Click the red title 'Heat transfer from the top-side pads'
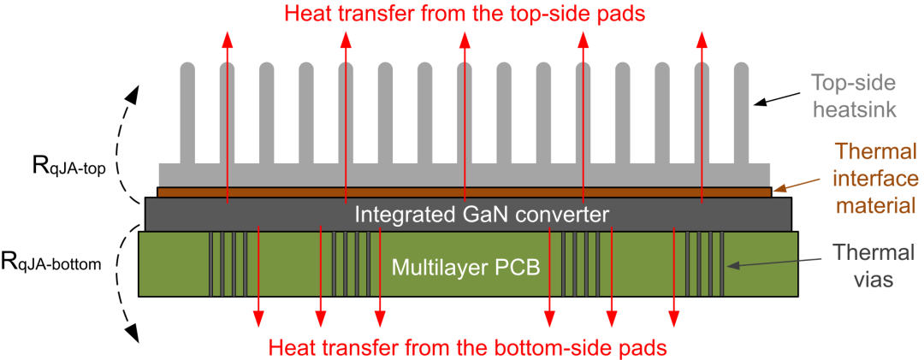(464, 12)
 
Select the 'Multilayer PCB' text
(466, 268)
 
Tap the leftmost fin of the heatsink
(187, 113)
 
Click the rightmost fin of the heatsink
(741, 113)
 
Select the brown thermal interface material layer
(465, 192)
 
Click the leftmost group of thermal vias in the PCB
(228, 264)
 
